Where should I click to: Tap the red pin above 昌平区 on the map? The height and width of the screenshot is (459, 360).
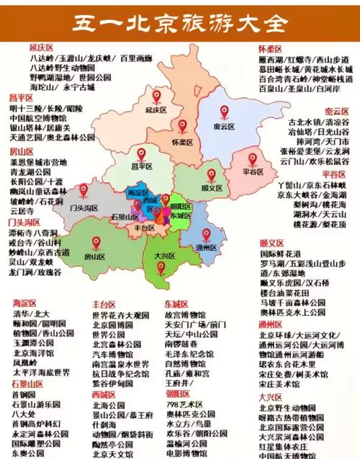141,154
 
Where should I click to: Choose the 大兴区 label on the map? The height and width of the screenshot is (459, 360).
164,254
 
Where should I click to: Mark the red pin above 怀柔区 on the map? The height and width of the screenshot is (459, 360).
183,127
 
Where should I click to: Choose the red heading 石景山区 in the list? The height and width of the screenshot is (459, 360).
27,384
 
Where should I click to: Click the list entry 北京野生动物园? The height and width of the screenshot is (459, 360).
291,406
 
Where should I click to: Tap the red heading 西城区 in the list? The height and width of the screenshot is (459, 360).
105,395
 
